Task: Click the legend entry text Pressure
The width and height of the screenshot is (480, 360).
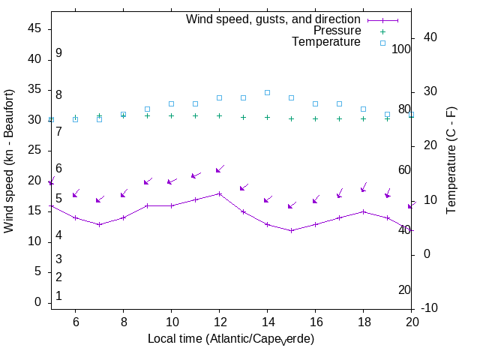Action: pyautogui.click(x=337, y=31)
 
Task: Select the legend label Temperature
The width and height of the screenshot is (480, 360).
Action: pyautogui.click(x=326, y=42)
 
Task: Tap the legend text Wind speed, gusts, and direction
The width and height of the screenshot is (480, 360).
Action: pyautogui.click(x=274, y=19)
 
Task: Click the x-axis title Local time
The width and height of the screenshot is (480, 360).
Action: pyautogui.click(x=231, y=339)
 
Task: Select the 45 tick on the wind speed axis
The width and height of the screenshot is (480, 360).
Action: pyautogui.click(x=35, y=28)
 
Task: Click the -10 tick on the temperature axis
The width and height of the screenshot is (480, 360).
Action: pyautogui.click(x=430, y=308)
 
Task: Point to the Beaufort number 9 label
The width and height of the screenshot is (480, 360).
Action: pyautogui.click(x=58, y=53)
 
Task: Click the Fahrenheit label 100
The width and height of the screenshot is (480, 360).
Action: pyautogui.click(x=401, y=49)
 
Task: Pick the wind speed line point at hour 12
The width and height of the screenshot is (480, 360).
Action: pyautogui.click(x=219, y=193)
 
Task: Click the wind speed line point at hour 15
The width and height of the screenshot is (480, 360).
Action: pyautogui.click(x=291, y=230)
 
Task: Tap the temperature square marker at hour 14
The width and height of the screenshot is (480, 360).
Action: pyautogui.click(x=267, y=92)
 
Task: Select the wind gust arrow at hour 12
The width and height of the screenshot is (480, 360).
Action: pyautogui.click(x=219, y=170)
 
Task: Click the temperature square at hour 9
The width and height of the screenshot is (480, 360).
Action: pyautogui.click(x=147, y=109)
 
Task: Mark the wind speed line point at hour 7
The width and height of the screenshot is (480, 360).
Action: pyautogui.click(x=99, y=224)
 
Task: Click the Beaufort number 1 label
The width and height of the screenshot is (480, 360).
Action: pyautogui.click(x=58, y=296)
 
